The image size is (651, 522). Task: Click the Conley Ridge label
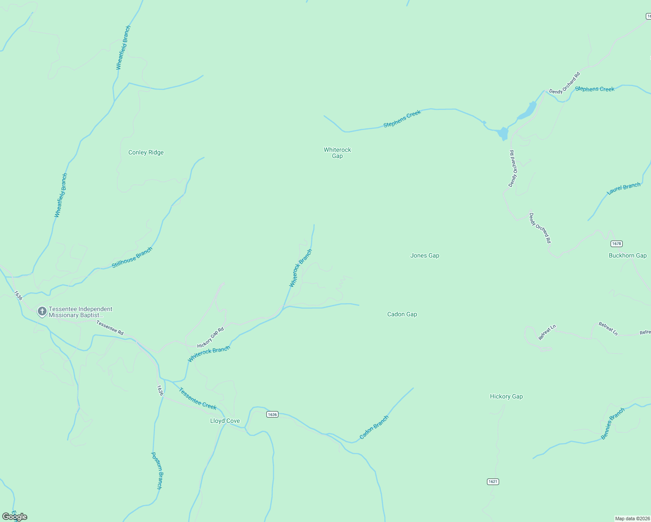tap(146, 153)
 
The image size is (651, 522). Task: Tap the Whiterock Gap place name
tap(337, 153)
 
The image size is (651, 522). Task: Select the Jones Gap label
tap(425, 256)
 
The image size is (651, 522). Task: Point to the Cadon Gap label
tap(402, 315)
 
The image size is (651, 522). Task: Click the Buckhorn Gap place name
tap(628, 256)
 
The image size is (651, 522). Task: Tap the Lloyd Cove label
tap(225, 421)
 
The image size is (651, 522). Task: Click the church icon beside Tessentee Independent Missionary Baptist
tap(42, 311)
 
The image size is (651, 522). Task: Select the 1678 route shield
tap(616, 244)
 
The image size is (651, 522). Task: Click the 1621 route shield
tap(493, 482)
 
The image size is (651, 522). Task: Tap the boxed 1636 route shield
tap(272, 415)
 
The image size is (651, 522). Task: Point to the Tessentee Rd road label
tap(110, 328)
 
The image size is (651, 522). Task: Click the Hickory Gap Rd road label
tap(210, 338)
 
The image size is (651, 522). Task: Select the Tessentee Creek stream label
tap(198, 399)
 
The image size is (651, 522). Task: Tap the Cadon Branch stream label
tap(374, 428)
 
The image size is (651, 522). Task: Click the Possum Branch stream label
tap(156, 471)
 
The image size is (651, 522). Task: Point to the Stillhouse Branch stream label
tap(132, 258)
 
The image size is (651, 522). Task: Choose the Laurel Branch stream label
tap(624, 189)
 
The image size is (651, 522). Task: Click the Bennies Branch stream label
tap(613, 423)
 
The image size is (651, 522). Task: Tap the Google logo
tap(14, 517)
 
